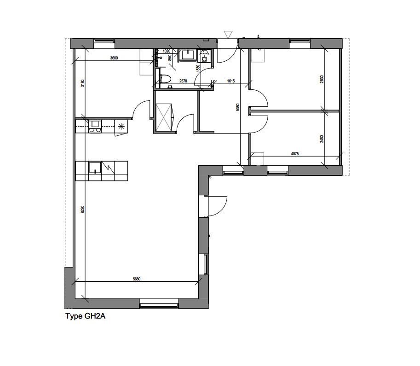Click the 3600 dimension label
point(114,58)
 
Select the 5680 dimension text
point(136,279)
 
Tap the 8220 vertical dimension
point(82,209)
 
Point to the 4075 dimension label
point(295,154)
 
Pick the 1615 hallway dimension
point(231,81)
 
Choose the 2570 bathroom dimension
point(183,81)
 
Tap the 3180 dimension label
point(82,83)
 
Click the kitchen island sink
point(96,168)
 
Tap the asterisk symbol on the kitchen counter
point(121,126)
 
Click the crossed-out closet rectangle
point(164,118)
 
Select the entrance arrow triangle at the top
point(228,35)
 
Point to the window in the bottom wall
point(158,303)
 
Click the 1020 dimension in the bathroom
point(167,51)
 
